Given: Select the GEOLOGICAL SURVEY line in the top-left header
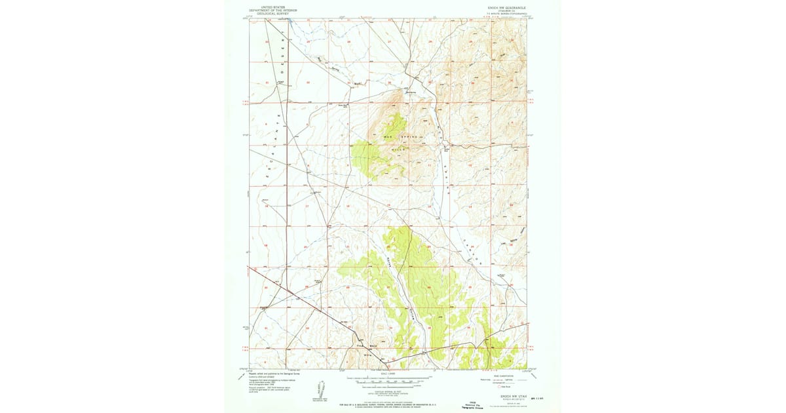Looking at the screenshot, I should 273,13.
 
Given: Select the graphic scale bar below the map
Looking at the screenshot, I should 386,380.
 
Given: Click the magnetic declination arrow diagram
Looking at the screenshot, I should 321,389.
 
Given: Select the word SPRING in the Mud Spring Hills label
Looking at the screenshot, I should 405,136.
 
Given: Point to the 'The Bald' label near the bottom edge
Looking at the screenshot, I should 364,345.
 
